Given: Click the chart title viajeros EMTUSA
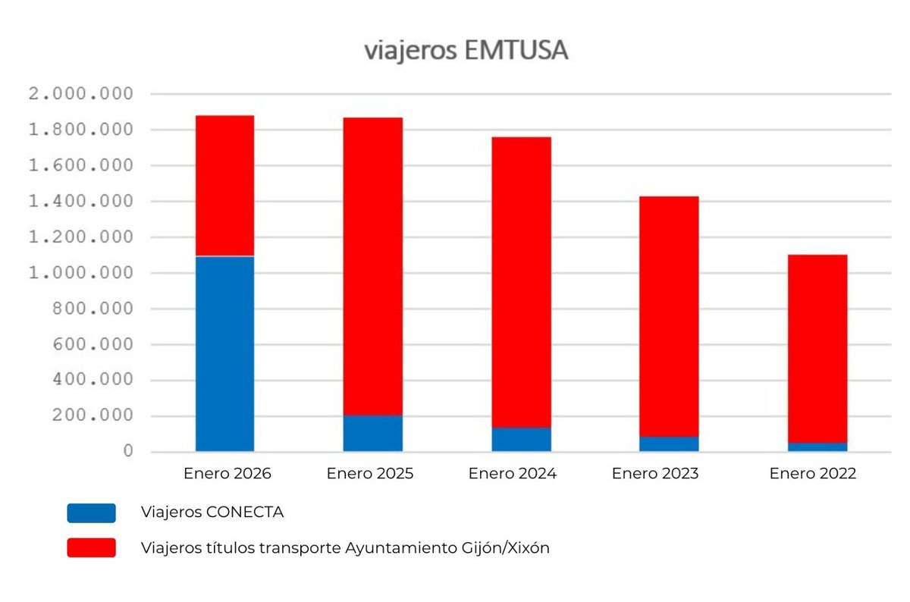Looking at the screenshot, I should (x=466, y=51).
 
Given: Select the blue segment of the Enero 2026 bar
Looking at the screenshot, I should (x=224, y=353).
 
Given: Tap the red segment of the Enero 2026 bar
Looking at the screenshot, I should (x=224, y=186).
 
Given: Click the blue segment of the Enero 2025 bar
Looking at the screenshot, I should (x=372, y=433).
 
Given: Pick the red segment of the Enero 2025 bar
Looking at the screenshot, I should (x=372, y=265).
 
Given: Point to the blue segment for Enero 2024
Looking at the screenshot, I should (x=521, y=440).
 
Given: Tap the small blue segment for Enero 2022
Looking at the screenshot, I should (x=817, y=447).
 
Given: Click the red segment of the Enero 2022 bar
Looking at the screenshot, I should (x=817, y=349).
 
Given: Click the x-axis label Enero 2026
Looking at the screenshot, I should (x=227, y=474).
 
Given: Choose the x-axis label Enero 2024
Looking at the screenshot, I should (x=513, y=474).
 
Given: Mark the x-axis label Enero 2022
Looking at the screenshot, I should (x=812, y=474).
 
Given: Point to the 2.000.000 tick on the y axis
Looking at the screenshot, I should (x=80, y=95).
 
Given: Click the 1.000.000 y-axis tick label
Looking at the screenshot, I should (x=80, y=273).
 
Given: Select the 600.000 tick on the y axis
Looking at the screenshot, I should (x=89, y=345).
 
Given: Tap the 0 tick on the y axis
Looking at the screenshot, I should (x=128, y=452).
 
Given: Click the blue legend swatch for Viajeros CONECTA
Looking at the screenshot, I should (x=91, y=513).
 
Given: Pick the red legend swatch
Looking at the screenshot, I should (x=91, y=547).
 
